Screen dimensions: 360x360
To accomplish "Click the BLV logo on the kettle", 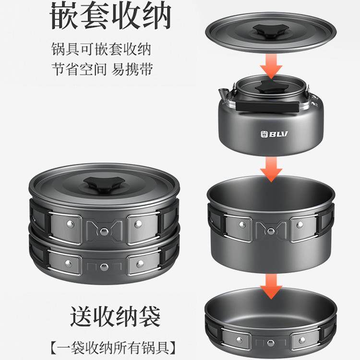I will [x=275, y=134].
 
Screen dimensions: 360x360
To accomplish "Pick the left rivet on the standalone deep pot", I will [x=243, y=223].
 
